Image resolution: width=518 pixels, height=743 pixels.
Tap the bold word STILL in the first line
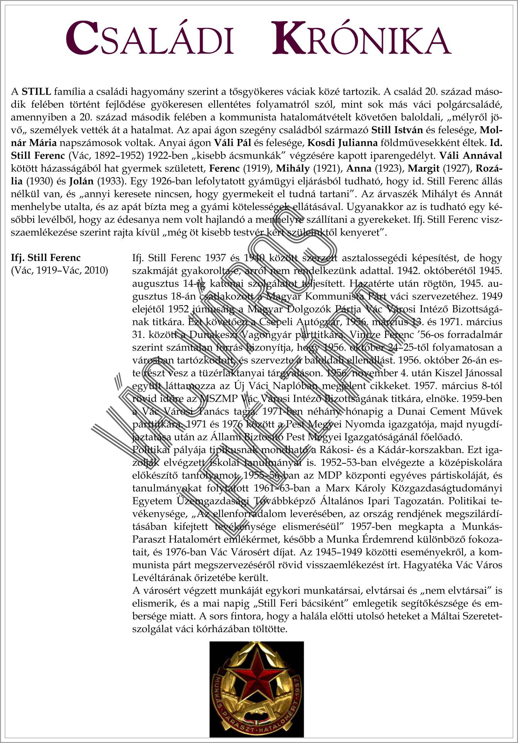click(36, 92)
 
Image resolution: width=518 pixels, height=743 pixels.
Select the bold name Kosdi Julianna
click(342, 143)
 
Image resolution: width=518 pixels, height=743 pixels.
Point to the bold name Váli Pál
click(232, 143)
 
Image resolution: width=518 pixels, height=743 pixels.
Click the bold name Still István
click(397, 130)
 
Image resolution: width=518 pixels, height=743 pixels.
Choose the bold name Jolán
click(81, 181)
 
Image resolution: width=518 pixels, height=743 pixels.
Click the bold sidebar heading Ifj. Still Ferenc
click(46, 258)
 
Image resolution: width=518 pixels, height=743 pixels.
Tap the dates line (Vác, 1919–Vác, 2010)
click(59, 270)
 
